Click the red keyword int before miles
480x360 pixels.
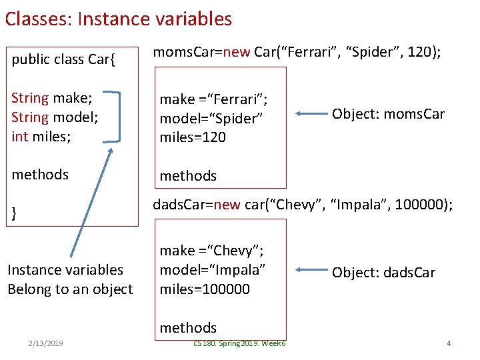point(19,137)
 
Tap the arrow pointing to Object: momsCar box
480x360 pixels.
point(311,113)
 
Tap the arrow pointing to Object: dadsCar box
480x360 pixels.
point(311,270)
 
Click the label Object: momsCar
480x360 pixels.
point(388,114)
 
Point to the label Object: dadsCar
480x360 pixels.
point(383,273)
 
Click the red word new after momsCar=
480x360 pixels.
point(236,52)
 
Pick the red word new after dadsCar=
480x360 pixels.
point(227,205)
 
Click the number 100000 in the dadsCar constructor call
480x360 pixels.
point(419,204)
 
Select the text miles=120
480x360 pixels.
point(193,137)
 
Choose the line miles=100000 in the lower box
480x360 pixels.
point(205,289)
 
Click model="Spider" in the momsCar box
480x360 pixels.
point(211,119)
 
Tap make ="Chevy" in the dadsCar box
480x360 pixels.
point(211,251)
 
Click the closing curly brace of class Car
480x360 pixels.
point(14,213)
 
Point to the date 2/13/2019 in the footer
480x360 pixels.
point(45,343)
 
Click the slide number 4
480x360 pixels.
point(449,343)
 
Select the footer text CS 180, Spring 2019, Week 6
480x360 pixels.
point(239,343)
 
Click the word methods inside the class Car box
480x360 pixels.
point(40,175)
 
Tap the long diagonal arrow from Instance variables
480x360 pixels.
point(91,203)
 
